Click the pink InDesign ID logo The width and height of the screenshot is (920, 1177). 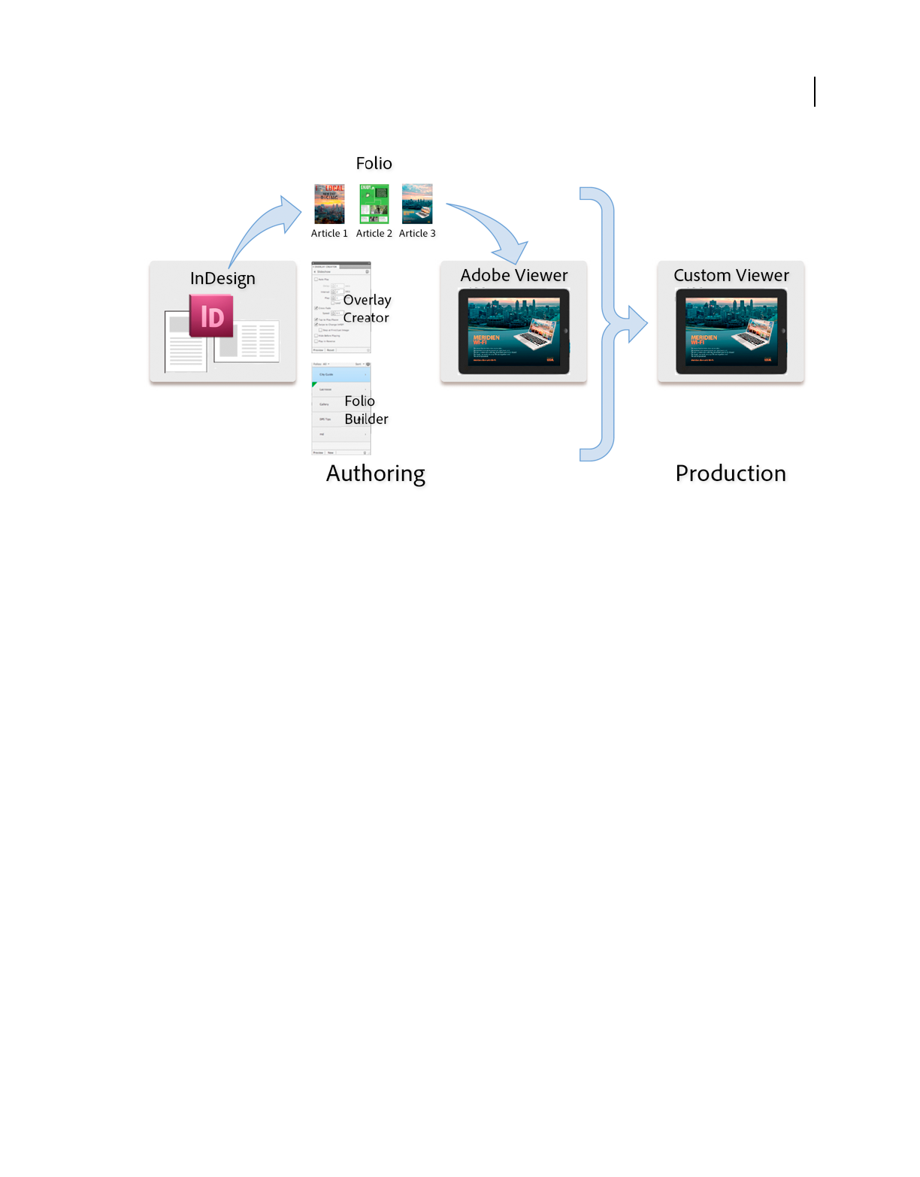(x=211, y=316)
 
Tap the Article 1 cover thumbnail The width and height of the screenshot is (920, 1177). (x=329, y=204)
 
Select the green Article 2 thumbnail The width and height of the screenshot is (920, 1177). (x=374, y=204)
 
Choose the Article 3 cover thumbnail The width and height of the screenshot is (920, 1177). (x=417, y=204)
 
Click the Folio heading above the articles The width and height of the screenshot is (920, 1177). (x=374, y=163)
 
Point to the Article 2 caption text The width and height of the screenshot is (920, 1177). (x=374, y=234)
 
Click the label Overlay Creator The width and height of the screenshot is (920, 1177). (x=367, y=308)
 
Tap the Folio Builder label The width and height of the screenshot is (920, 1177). (x=366, y=410)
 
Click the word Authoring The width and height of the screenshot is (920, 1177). (x=375, y=474)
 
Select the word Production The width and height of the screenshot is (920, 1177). (x=730, y=474)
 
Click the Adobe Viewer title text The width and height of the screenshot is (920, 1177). (x=513, y=275)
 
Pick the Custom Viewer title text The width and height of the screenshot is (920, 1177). (x=731, y=275)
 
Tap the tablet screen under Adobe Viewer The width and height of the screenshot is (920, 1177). (x=513, y=331)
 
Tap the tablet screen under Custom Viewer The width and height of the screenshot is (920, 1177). (x=731, y=331)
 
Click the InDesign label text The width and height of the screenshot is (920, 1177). (x=222, y=278)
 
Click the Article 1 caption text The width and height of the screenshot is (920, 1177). (x=329, y=234)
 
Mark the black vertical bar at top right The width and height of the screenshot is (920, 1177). (x=815, y=92)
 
